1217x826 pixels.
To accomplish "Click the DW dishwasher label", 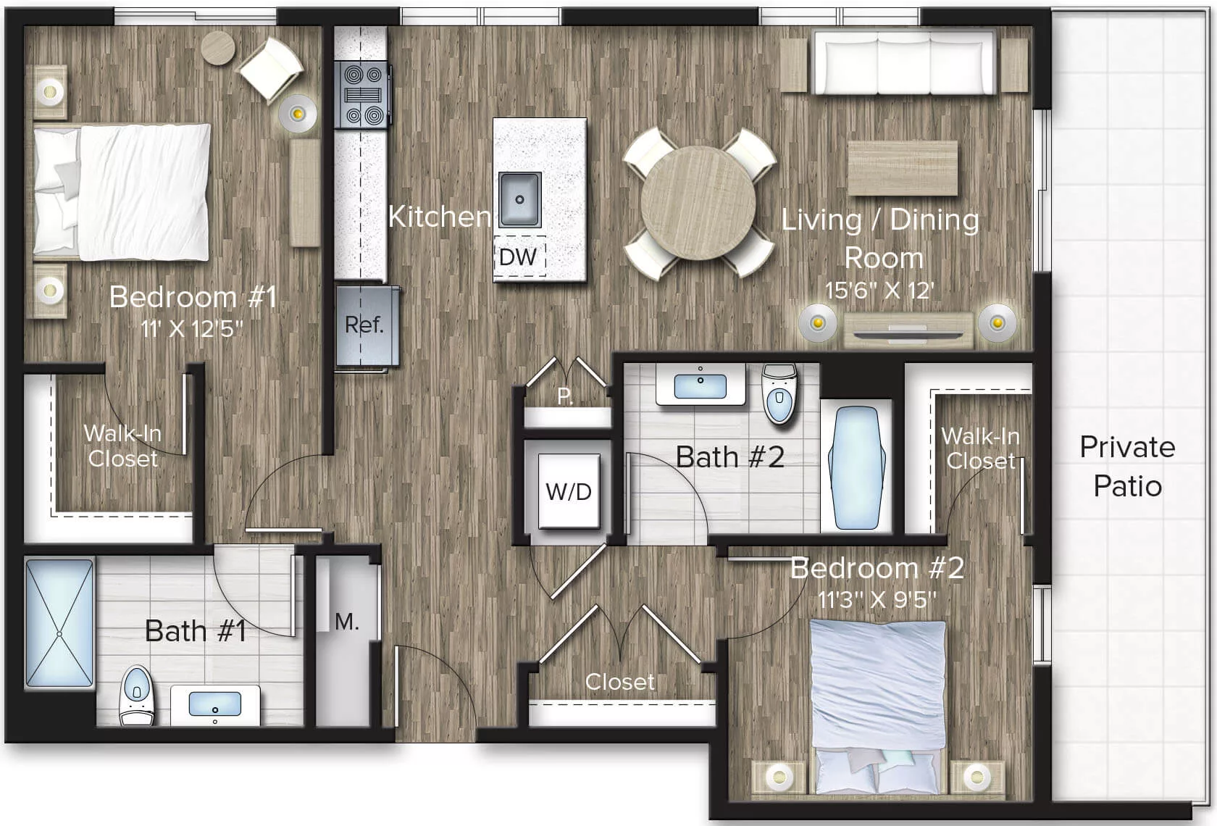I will pyautogui.click(x=519, y=257).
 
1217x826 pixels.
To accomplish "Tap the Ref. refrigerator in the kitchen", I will pyautogui.click(x=365, y=325).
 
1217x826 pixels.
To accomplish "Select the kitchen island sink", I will pyautogui.click(x=519, y=199).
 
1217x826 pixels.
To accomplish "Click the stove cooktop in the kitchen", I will pyautogui.click(x=363, y=95).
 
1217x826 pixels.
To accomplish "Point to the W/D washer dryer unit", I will pyautogui.click(x=569, y=491).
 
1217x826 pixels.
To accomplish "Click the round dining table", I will pyautogui.click(x=698, y=201).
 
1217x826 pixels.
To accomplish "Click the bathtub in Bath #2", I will pyautogui.click(x=857, y=467).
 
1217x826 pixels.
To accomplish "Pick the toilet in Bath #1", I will pyautogui.click(x=136, y=695).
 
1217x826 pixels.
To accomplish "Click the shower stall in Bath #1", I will pyautogui.click(x=59, y=622).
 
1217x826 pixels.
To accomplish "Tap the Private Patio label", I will pyautogui.click(x=1127, y=466).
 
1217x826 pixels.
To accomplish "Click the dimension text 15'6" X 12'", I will pyautogui.click(x=879, y=291).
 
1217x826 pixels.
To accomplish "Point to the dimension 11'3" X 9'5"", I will pyautogui.click(x=877, y=600).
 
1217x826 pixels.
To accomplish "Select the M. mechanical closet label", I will pyautogui.click(x=346, y=622).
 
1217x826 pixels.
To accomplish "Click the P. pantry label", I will pyautogui.click(x=565, y=396).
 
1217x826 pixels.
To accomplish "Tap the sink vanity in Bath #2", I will pyautogui.click(x=700, y=385).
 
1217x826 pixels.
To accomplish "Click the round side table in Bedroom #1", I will pyautogui.click(x=218, y=49).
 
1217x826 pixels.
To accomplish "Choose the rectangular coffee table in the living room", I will pyautogui.click(x=903, y=168).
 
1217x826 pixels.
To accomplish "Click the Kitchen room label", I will pyautogui.click(x=439, y=217).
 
